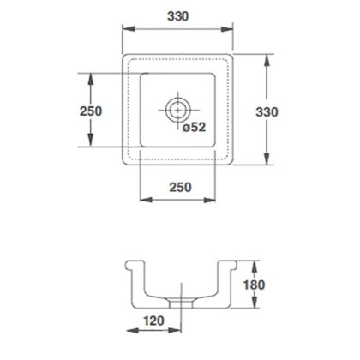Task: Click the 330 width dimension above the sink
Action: pyautogui.click(x=177, y=16)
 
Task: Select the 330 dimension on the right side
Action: pyautogui.click(x=267, y=112)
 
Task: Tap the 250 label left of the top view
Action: pyautogui.click(x=91, y=111)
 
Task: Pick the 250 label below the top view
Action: pyautogui.click(x=180, y=188)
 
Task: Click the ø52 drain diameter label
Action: pyautogui.click(x=194, y=127)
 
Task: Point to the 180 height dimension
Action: pyautogui.click(x=254, y=285)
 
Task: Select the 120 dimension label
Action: pyautogui.click(x=153, y=321)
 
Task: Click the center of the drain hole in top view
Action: pyautogui.click(x=178, y=110)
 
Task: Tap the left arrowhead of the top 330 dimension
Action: pyautogui.click(x=129, y=29)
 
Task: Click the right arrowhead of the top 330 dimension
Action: pyautogui.click(x=227, y=29)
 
